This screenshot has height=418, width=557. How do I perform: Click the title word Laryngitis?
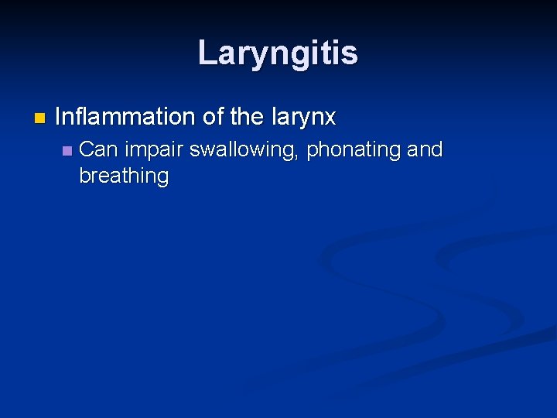[x=278, y=53]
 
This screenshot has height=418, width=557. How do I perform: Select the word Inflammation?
[x=125, y=117]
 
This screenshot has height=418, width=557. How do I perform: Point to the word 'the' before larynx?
[x=248, y=117]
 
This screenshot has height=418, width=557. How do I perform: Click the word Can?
[x=97, y=149]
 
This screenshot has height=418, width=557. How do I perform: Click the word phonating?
[x=353, y=150]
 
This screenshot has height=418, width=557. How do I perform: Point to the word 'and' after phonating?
[x=425, y=149]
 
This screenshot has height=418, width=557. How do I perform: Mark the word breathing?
[x=124, y=176]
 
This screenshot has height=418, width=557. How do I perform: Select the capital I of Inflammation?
[x=59, y=117]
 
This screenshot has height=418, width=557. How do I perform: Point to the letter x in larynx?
[x=330, y=118]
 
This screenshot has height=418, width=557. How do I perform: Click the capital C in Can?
[x=87, y=149]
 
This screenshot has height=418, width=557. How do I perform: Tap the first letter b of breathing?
[x=84, y=175]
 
